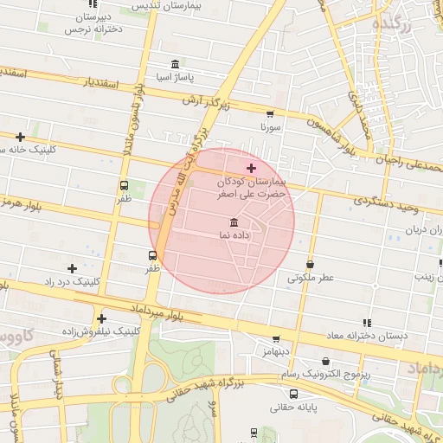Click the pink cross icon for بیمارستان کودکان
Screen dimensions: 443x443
(x=251, y=168)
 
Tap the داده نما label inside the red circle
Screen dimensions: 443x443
(x=234, y=235)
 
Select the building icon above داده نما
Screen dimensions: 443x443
(x=234, y=222)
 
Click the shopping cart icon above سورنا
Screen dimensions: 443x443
(x=270, y=114)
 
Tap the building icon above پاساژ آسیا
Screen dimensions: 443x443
(x=176, y=64)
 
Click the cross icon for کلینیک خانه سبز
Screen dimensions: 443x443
(x=20, y=137)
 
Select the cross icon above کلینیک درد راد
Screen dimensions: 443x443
(x=72, y=268)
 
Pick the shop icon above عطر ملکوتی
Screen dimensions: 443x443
(x=311, y=265)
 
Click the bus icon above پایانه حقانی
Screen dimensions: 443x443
(x=294, y=394)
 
